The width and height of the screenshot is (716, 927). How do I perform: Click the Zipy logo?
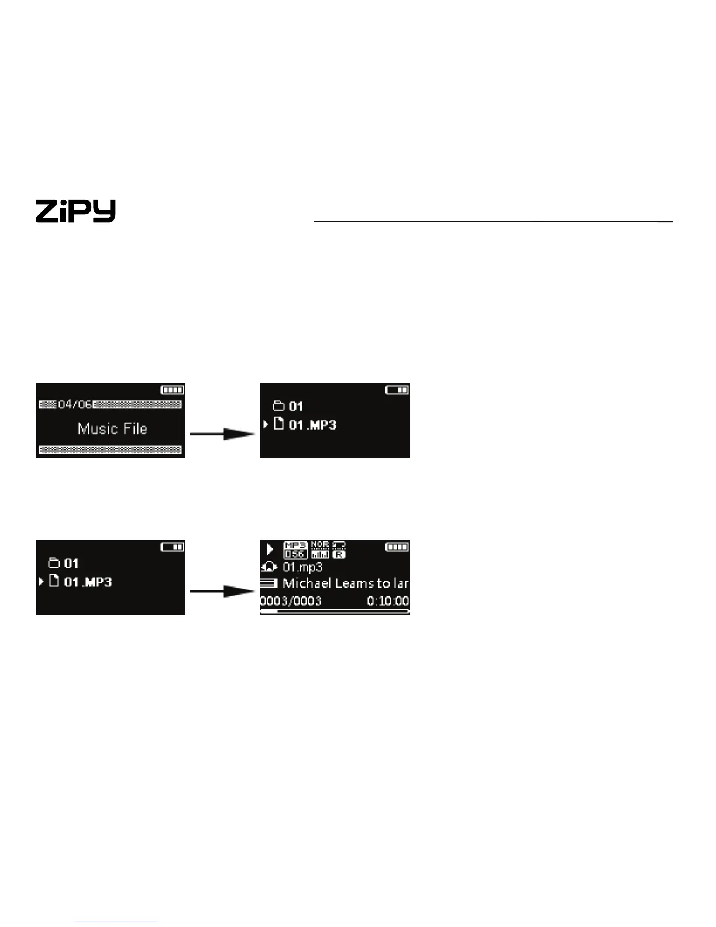point(75,211)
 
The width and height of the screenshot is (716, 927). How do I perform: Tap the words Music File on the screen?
point(112,429)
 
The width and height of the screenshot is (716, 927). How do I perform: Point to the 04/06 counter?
point(75,404)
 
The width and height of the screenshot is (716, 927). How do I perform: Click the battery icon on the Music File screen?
point(173,390)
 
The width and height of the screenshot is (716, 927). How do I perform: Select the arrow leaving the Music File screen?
point(222,434)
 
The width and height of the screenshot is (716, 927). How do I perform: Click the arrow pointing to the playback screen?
point(222,591)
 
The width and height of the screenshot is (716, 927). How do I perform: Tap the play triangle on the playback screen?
point(270,549)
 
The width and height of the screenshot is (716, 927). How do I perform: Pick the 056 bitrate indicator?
point(295,554)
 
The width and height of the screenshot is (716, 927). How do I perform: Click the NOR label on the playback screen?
point(320,544)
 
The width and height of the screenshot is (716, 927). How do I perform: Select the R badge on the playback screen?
point(339,554)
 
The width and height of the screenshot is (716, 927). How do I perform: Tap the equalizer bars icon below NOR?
point(320,554)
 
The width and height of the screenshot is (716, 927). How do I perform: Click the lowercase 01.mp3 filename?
point(302,567)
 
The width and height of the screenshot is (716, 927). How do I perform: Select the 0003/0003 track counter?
point(291,601)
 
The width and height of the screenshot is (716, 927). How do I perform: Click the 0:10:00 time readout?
point(388,601)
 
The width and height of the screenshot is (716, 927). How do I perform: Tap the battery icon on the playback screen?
point(397,547)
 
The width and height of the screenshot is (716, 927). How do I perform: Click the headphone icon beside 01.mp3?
point(269,567)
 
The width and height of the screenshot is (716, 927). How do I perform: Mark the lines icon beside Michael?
point(269,583)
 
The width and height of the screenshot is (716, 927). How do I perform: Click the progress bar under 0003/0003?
point(335,611)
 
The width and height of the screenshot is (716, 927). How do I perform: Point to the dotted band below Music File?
point(111,449)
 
